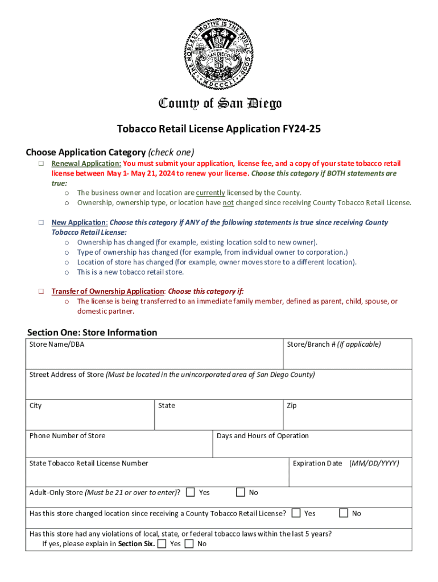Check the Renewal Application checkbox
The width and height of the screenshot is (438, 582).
42,164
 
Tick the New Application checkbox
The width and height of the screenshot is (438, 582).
42,223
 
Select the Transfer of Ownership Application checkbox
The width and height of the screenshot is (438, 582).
42,292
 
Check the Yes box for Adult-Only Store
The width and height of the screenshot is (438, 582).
191,492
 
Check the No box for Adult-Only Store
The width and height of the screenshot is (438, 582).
241,492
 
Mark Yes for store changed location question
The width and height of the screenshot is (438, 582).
296,513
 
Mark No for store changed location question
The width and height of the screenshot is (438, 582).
344,513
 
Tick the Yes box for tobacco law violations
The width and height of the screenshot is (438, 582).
162,544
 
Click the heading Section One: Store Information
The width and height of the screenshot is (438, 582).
92,332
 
